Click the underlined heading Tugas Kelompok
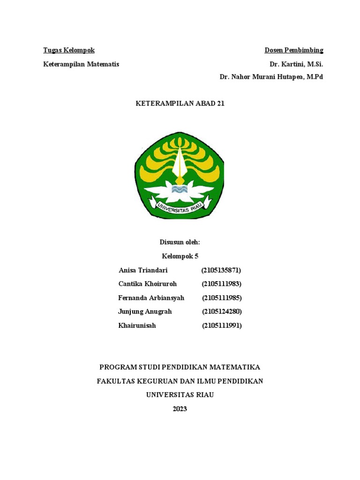[69, 50]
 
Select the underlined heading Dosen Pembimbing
[294, 50]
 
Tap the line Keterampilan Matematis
[81, 64]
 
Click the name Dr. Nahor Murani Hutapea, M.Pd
[271, 77]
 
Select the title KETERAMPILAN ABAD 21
[180, 104]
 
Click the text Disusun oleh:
[180, 242]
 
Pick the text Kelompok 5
[180, 256]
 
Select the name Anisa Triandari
[143, 270]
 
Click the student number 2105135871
[221, 270]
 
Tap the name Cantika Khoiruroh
[148, 284]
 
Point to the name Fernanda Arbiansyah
[151, 298]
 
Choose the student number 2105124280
[222, 311]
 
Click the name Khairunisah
[137, 325]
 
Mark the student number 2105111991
[222, 325]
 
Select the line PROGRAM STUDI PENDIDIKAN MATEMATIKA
[180, 367]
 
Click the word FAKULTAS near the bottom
[115, 381]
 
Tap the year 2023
[180, 409]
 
